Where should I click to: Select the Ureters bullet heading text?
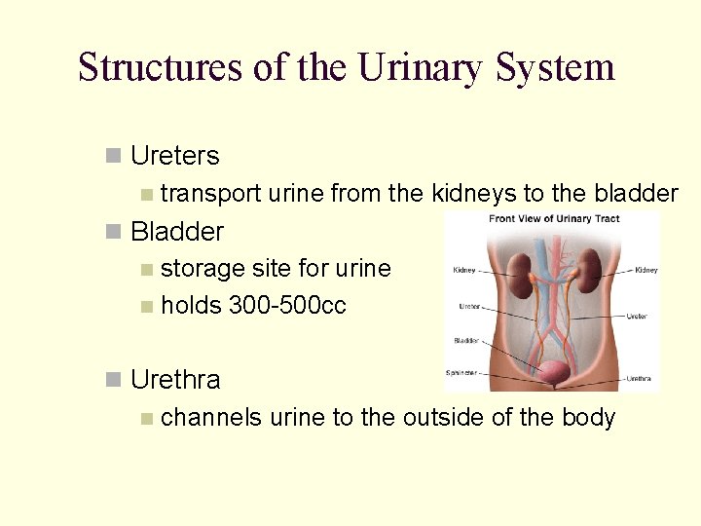click(175, 156)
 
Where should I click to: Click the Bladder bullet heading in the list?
click(177, 232)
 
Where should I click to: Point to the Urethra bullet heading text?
click(175, 380)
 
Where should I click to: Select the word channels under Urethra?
click(211, 418)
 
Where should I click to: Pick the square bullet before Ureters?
click(114, 156)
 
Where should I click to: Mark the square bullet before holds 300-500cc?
click(146, 307)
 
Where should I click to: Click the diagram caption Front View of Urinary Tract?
click(554, 219)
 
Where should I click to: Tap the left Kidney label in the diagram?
click(464, 271)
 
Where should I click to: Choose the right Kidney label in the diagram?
click(646, 271)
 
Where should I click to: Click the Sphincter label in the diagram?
click(462, 372)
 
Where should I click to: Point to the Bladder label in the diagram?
click(465, 341)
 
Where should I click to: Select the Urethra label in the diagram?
click(640, 379)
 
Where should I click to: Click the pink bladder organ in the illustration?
click(554, 372)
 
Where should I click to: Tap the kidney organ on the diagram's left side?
click(519, 270)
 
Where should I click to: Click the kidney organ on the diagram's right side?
click(591, 270)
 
